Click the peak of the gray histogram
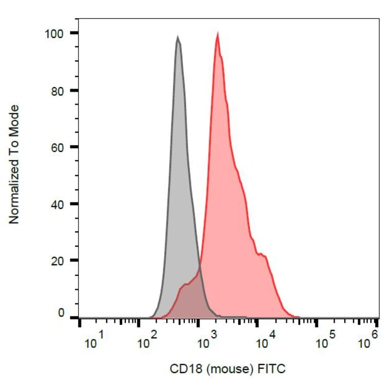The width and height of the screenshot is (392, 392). point(178,37)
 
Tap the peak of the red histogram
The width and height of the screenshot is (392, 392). point(218,35)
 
